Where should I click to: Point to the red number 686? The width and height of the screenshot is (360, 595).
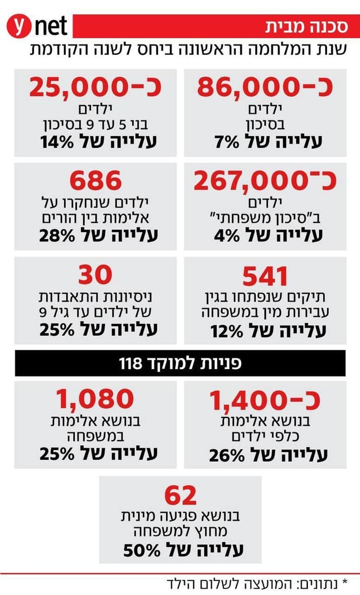tap(95, 181)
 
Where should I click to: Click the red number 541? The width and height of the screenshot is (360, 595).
tap(265, 276)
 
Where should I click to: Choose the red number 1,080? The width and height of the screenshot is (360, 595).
tap(95, 399)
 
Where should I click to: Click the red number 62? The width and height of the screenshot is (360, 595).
tap(180, 495)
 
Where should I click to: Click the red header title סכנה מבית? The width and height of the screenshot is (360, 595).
tap(306, 26)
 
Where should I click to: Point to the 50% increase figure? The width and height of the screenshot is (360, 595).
tap(142, 550)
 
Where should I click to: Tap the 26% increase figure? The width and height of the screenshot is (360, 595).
tap(227, 455)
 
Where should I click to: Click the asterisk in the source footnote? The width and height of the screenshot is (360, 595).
tap(345, 582)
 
